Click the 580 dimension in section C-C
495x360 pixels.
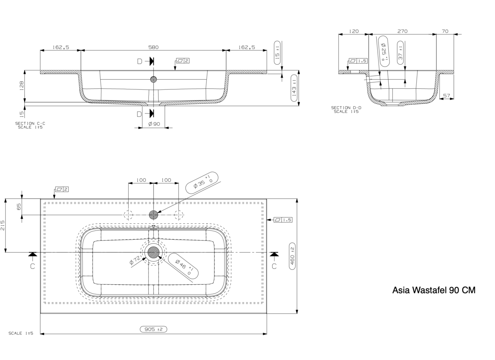coord(153,47)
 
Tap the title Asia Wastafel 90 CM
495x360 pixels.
coord(434,290)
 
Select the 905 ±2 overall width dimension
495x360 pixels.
coord(153,329)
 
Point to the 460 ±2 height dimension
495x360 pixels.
coord(292,256)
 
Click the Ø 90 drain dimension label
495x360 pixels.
coord(154,124)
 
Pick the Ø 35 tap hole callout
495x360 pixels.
coord(202,182)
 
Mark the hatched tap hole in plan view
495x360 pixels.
coord(153,215)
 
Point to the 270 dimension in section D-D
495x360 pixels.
coord(402,31)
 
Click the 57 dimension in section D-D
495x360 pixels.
coord(447,95)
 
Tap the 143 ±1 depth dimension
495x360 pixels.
coord(294,88)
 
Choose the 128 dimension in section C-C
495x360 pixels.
coord(22,86)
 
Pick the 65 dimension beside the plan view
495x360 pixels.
coord(19,207)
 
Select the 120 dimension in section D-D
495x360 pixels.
coord(354,31)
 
